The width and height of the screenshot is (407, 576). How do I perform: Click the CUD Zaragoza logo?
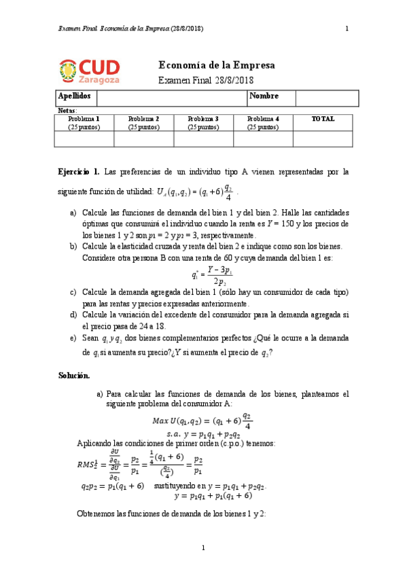tap(90, 71)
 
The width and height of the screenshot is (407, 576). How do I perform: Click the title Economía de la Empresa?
tap(216, 66)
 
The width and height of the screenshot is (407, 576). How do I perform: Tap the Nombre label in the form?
tap(264, 97)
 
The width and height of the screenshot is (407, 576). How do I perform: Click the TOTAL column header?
tap(323, 119)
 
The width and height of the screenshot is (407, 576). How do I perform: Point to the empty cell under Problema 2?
tap(143, 139)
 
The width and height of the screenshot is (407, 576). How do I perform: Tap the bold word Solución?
tap(73, 375)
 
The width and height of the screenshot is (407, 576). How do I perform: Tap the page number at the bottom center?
tap(203, 548)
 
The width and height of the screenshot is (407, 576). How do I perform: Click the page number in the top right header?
tap(347, 29)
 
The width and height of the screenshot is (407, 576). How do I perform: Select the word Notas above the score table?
tap(67, 110)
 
